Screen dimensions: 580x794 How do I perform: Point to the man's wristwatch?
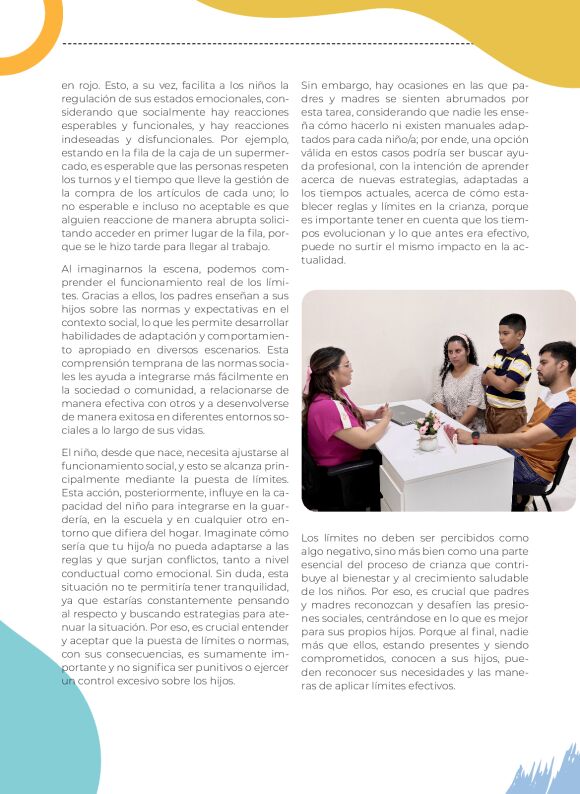475,437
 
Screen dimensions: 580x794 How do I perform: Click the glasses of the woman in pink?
345,365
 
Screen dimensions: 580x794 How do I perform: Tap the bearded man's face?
549,371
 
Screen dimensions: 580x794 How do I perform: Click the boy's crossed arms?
507,379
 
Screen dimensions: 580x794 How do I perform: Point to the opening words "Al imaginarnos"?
97,269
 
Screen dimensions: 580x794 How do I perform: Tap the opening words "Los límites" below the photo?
330,537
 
